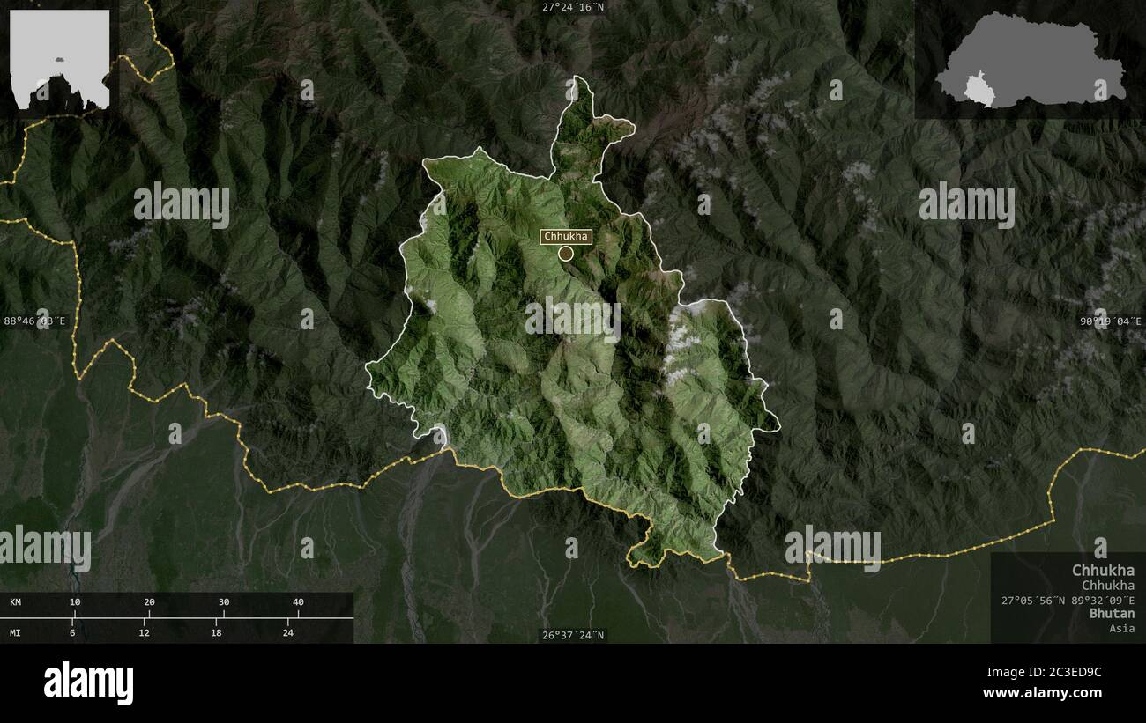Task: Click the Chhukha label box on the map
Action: (x=565, y=236)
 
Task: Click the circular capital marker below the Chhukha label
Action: (x=566, y=254)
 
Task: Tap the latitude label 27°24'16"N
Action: (x=573, y=7)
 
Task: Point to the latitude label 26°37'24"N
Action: (x=573, y=635)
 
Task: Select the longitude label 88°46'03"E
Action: (x=35, y=321)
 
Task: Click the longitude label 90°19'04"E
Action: (x=1112, y=321)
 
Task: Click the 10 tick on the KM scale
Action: (x=75, y=602)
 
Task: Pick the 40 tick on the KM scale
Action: (x=298, y=602)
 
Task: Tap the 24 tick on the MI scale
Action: (x=288, y=632)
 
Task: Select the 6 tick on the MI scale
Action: (x=72, y=632)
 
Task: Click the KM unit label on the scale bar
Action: (x=16, y=602)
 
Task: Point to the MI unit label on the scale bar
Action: (x=16, y=632)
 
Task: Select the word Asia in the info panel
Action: (x=1122, y=628)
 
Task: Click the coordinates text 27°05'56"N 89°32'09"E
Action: (x=1068, y=599)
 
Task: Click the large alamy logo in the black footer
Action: (x=89, y=683)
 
